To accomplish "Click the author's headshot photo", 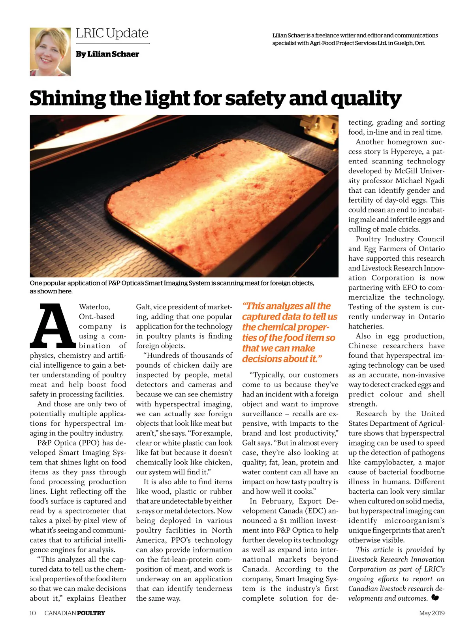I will pyautogui.click(x=50, y=52).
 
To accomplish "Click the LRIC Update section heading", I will pyautogui.click(x=112, y=33).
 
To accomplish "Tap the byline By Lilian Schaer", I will pyautogui.click(x=107, y=54).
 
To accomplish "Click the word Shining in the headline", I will pyautogui.click(x=67, y=99).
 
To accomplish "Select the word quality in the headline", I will pyautogui.click(x=366, y=99).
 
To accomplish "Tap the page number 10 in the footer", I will pyautogui.click(x=33, y=613).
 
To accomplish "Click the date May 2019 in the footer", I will pyautogui.click(x=432, y=613).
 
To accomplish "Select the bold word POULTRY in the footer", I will pyautogui.click(x=91, y=613).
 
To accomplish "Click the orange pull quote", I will pyautogui.click(x=289, y=333).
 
